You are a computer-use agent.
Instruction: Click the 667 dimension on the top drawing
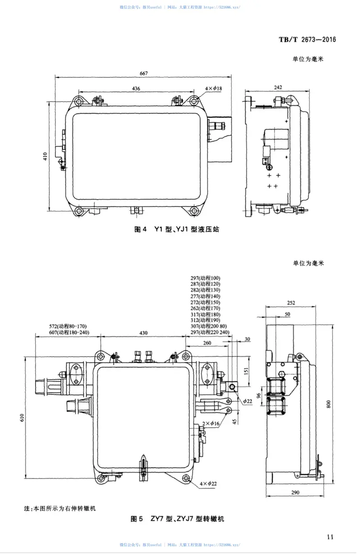(144, 73)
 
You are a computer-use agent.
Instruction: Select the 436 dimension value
(136, 89)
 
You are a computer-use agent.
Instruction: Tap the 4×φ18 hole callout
(213, 89)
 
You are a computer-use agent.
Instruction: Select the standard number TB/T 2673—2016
(307, 40)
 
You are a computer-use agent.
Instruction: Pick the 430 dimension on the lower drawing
(143, 333)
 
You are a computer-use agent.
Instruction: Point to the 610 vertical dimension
(21, 417)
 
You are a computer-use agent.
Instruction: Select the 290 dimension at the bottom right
(295, 493)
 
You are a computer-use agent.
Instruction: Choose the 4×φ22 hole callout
(208, 483)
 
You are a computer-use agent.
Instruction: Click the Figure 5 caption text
(177, 519)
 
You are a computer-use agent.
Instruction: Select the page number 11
(330, 536)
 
